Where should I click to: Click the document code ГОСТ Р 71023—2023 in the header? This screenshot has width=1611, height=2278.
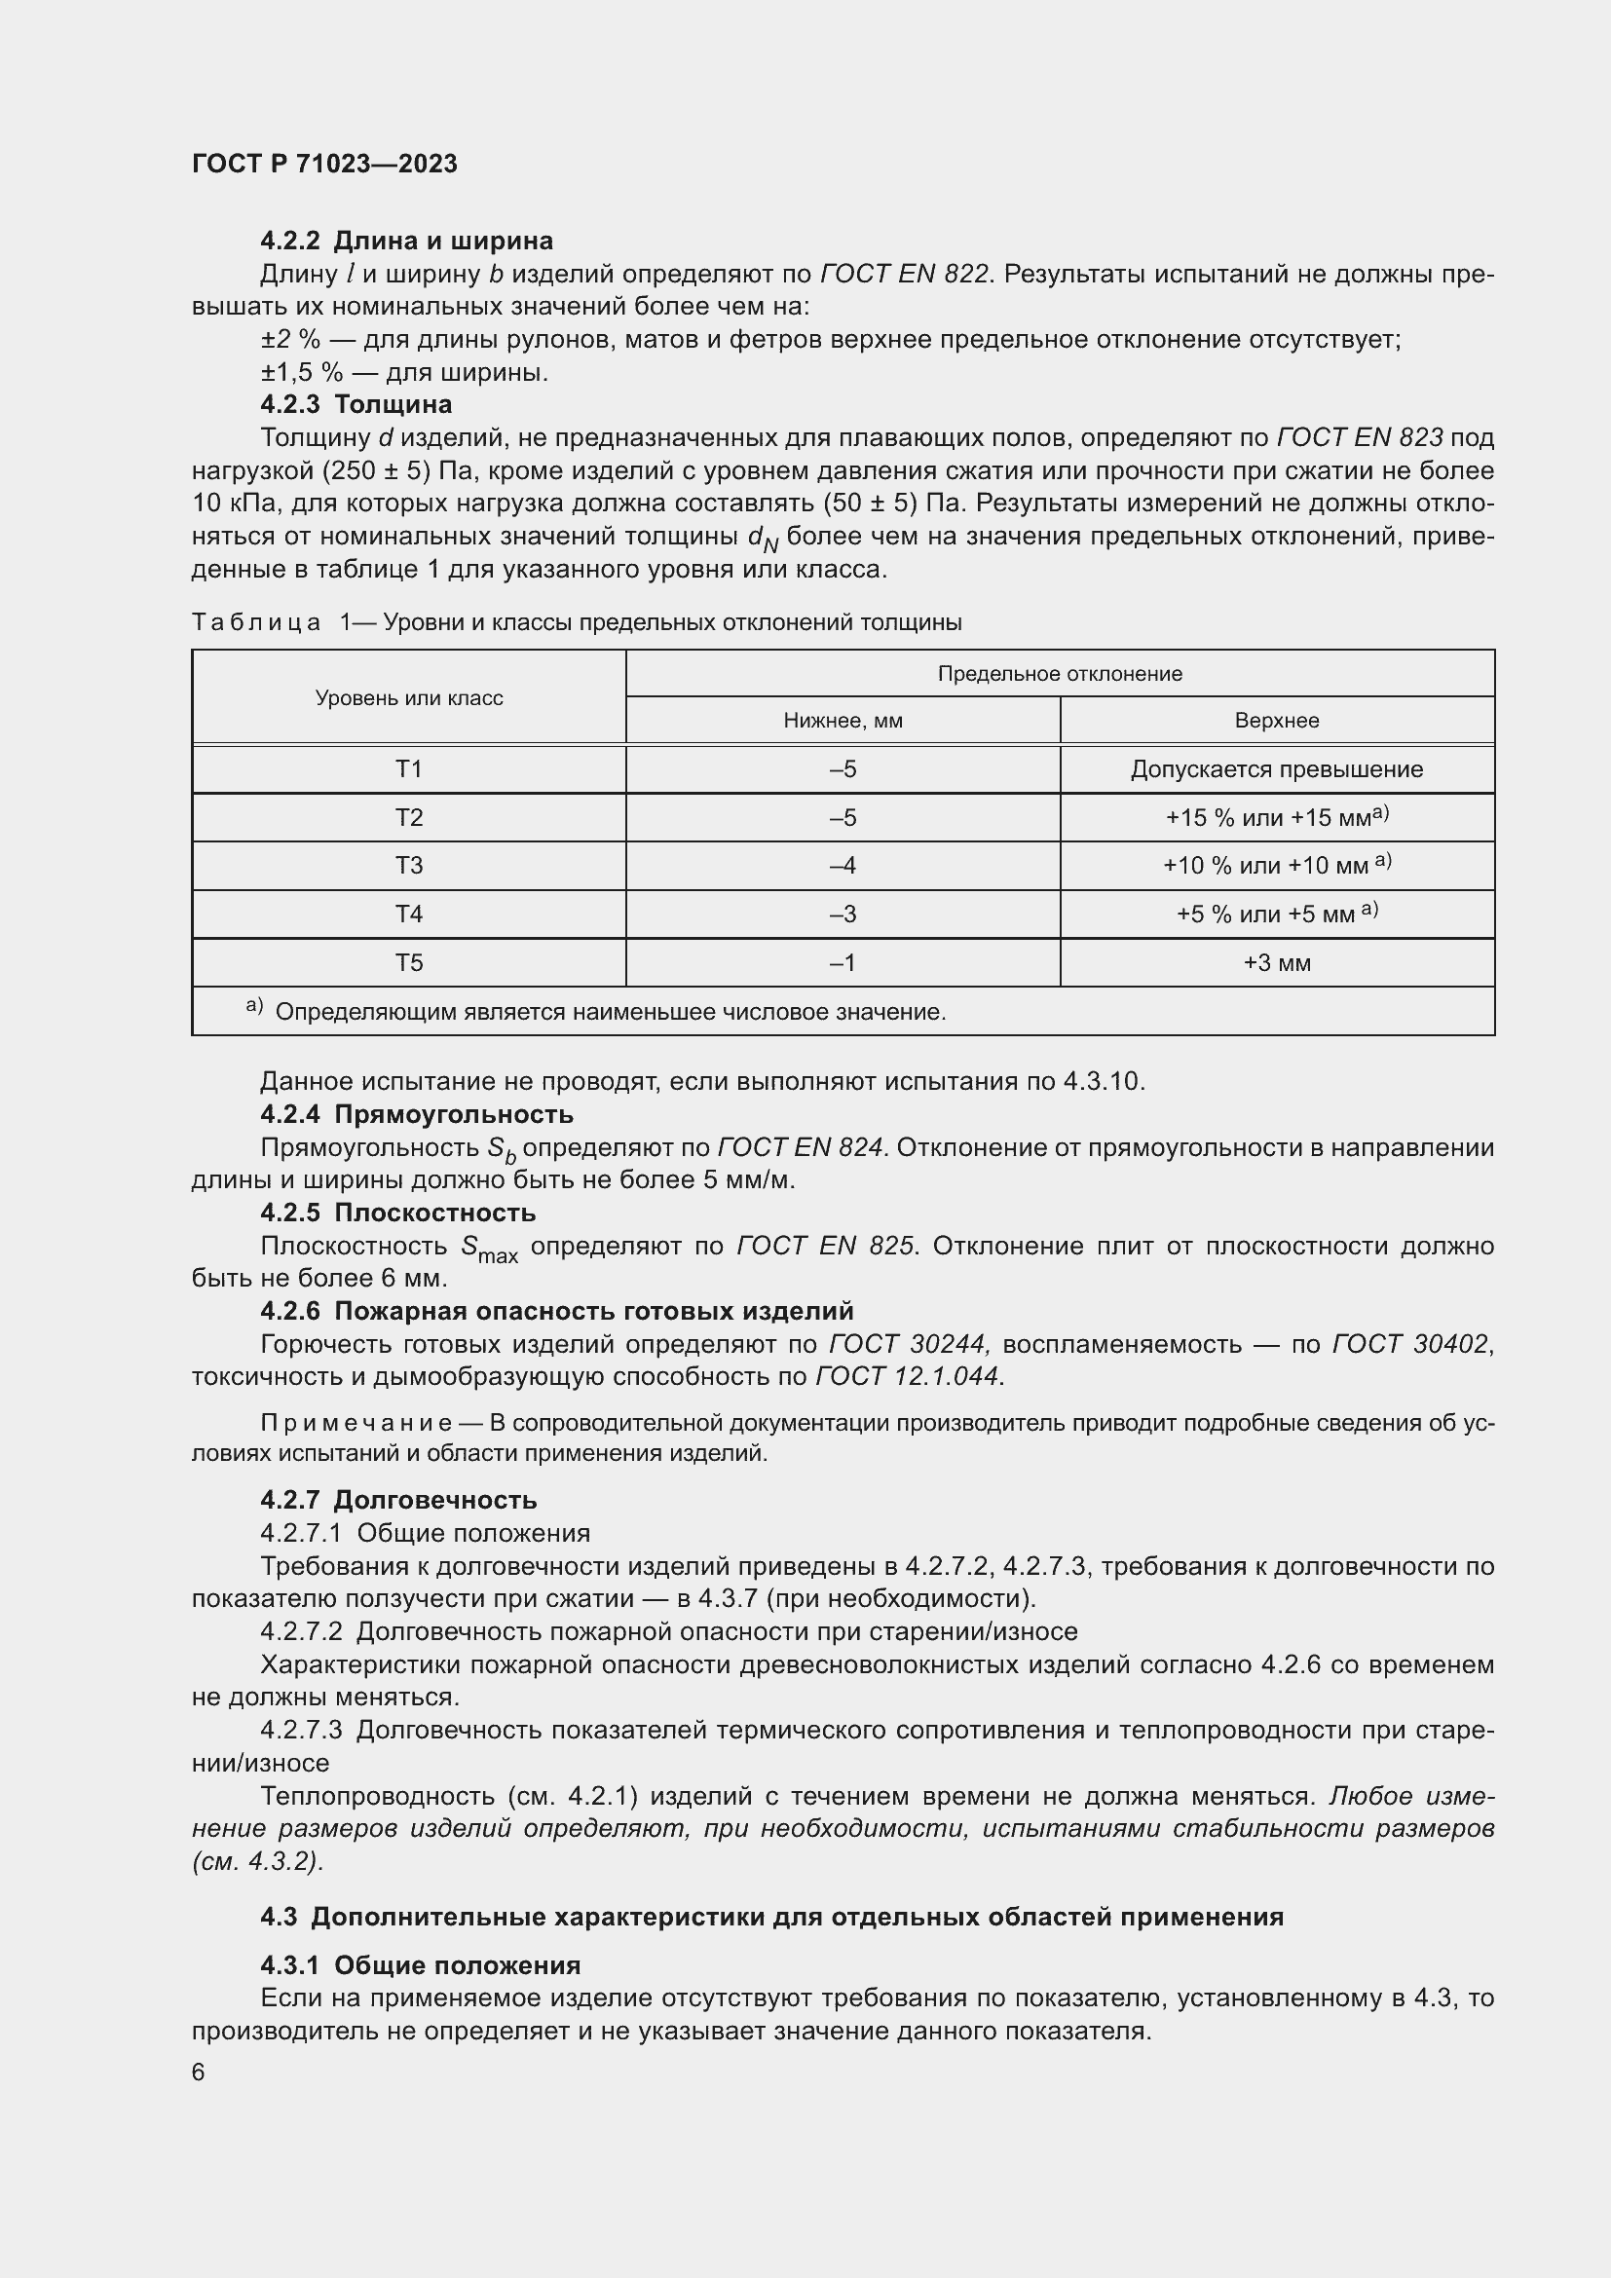(x=324, y=164)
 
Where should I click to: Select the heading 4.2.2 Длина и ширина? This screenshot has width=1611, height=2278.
(x=407, y=242)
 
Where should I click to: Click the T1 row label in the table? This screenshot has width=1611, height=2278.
(x=409, y=769)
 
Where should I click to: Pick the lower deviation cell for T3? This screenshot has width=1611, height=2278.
(x=843, y=866)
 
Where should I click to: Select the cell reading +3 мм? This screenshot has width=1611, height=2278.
(x=1277, y=963)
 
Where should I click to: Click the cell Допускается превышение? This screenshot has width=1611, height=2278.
(x=1277, y=769)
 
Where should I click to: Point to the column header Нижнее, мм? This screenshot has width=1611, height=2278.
(x=843, y=721)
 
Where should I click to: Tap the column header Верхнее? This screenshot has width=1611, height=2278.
(x=1277, y=721)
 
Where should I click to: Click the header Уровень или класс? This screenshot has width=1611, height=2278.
(x=409, y=697)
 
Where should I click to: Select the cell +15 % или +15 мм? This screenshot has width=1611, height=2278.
(x=1277, y=817)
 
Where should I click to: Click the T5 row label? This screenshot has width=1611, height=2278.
(x=409, y=963)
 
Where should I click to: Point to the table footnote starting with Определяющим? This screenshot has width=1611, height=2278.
(x=609, y=1012)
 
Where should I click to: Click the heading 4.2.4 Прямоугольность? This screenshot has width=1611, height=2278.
(x=417, y=1114)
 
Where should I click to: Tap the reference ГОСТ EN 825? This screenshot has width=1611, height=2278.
(x=824, y=1246)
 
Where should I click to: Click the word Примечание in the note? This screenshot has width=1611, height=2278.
(x=357, y=1424)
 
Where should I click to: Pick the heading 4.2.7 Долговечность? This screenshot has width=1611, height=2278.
(x=398, y=1500)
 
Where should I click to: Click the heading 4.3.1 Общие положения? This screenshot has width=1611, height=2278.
(x=421, y=1965)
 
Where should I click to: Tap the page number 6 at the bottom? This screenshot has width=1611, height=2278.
(x=199, y=2073)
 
